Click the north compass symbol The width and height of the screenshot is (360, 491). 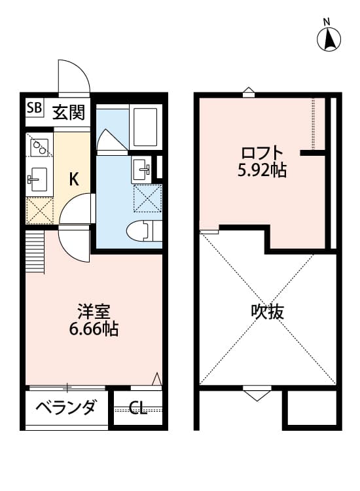tap(330, 39)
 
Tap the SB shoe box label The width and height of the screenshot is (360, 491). tap(34, 108)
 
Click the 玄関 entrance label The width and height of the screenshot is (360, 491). tap(68, 113)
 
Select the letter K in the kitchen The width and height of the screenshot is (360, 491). tap(74, 179)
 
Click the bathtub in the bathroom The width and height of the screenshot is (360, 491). tap(143, 126)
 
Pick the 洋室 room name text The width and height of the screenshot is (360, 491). tap(94, 309)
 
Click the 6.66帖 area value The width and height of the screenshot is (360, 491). tap(94, 329)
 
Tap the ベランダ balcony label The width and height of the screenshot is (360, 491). tap(65, 407)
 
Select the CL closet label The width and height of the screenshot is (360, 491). tap(137, 409)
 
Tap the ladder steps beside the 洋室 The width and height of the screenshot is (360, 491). tap(34, 253)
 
